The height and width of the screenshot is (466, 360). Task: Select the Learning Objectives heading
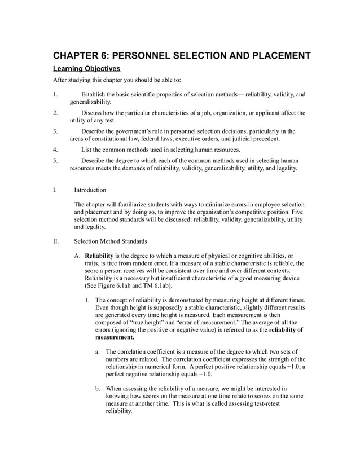click(86, 69)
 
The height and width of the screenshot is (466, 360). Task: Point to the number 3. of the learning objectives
click(55, 131)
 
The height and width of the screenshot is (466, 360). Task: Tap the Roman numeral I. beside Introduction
click(55, 190)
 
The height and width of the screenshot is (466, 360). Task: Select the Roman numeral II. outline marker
click(56, 241)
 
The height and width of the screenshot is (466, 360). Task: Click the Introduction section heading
click(90, 190)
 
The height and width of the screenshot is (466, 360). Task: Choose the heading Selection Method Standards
click(111, 241)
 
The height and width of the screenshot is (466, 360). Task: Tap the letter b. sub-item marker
click(98, 389)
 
